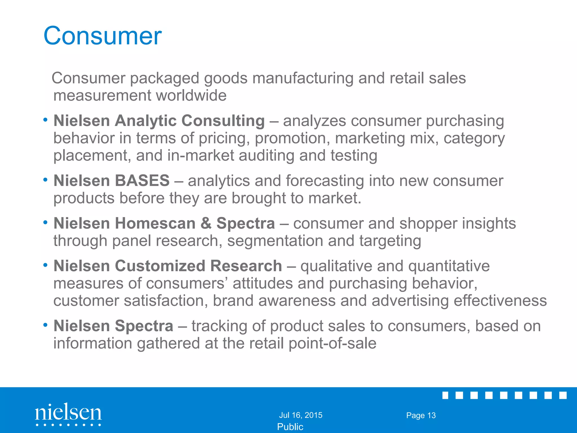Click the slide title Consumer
pyautogui.click(x=103, y=36)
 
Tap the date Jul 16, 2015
pyautogui.click(x=301, y=415)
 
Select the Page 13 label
pyautogui.click(x=421, y=415)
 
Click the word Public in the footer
pyautogui.click(x=290, y=427)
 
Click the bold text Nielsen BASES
pyautogui.click(x=112, y=180)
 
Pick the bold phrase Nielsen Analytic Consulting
pyautogui.click(x=159, y=121)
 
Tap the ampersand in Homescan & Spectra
pyautogui.click(x=206, y=223)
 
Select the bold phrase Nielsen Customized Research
pyautogui.click(x=168, y=266)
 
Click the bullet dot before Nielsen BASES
pyautogui.click(x=45, y=180)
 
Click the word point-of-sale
pyautogui.click(x=332, y=343)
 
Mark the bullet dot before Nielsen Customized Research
pyautogui.click(x=45, y=265)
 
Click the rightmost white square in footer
pyautogui.click(x=563, y=395)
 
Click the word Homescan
pyautogui.click(x=155, y=223)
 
